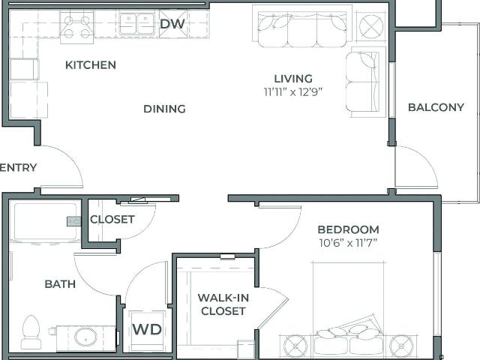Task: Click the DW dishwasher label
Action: [x=172, y=23]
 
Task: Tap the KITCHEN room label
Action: [x=91, y=65]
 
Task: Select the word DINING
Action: [x=165, y=109]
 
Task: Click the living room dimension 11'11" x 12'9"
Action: [x=293, y=91]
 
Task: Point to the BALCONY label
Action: [x=436, y=107]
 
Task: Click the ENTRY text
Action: [x=18, y=167]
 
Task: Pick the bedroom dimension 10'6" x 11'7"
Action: [x=348, y=243]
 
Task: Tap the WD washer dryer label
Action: [x=147, y=329]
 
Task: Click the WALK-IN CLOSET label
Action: [x=223, y=304]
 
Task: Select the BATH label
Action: [x=60, y=284]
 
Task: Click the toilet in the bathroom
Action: [x=31, y=332]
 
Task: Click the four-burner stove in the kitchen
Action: [x=76, y=27]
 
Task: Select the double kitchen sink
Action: [x=136, y=24]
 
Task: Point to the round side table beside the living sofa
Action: [x=371, y=26]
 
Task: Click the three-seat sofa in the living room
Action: [x=302, y=29]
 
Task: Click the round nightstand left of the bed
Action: [x=295, y=346]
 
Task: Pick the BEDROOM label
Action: [x=348, y=229]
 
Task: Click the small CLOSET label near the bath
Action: [x=112, y=220]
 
